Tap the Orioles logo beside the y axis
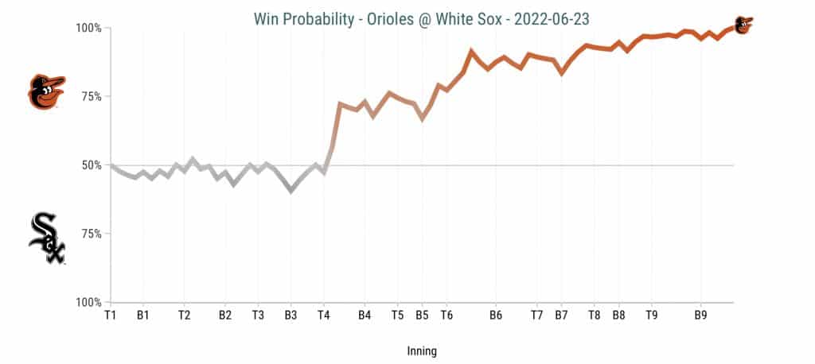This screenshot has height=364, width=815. point(46,92)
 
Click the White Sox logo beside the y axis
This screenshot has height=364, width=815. point(47,238)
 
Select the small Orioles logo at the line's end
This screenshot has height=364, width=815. point(743,25)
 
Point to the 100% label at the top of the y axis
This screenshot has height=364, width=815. point(88,28)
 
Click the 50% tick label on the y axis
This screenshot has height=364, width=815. point(91,165)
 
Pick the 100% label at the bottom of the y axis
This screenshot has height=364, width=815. point(88,302)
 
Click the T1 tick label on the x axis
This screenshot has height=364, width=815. point(111,316)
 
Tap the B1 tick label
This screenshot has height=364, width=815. point(143,316)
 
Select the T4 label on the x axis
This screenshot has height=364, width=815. point(323,316)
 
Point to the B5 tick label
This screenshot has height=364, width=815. point(422,316)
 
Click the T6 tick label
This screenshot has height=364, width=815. point(446,316)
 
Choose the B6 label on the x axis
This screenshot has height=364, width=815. point(495,316)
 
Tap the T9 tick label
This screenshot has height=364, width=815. point(651,316)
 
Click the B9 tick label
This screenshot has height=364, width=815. point(700,316)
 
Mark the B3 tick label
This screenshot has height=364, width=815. point(291,316)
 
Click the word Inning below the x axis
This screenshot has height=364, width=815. point(422,350)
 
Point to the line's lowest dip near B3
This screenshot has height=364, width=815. point(291,191)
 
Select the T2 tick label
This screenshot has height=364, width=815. point(184,316)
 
